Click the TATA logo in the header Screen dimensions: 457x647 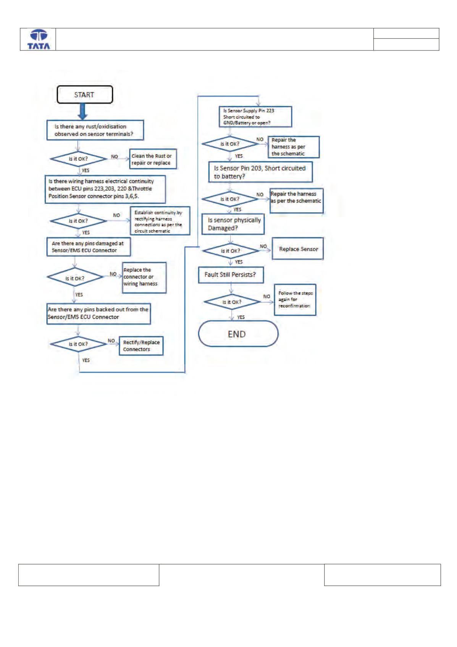tap(39, 39)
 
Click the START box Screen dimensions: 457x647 tap(84, 94)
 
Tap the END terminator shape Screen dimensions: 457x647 tap(238, 334)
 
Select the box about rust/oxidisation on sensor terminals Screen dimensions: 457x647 tap(95, 130)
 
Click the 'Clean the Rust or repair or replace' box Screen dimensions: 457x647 tap(153, 159)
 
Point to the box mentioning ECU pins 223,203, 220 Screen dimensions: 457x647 tap(105, 189)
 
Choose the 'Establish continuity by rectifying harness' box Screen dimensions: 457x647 tap(160, 221)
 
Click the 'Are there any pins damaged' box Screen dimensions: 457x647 tap(89, 246)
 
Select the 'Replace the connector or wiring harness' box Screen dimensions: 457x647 tap(144, 277)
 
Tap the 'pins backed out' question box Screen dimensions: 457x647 tap(99, 314)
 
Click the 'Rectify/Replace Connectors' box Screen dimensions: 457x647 tap(141, 346)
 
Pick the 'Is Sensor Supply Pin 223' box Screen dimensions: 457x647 tap(255, 117)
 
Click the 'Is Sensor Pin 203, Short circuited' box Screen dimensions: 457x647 tap(260, 172)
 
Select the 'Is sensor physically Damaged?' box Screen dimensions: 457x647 tap(233, 224)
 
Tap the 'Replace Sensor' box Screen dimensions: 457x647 tap(298, 248)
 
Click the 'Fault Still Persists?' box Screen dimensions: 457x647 tap(231, 275)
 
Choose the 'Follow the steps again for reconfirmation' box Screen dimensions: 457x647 tap(295, 300)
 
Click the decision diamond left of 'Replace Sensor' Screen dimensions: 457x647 tap(231, 251)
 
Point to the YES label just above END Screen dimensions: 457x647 tap(241, 317)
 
